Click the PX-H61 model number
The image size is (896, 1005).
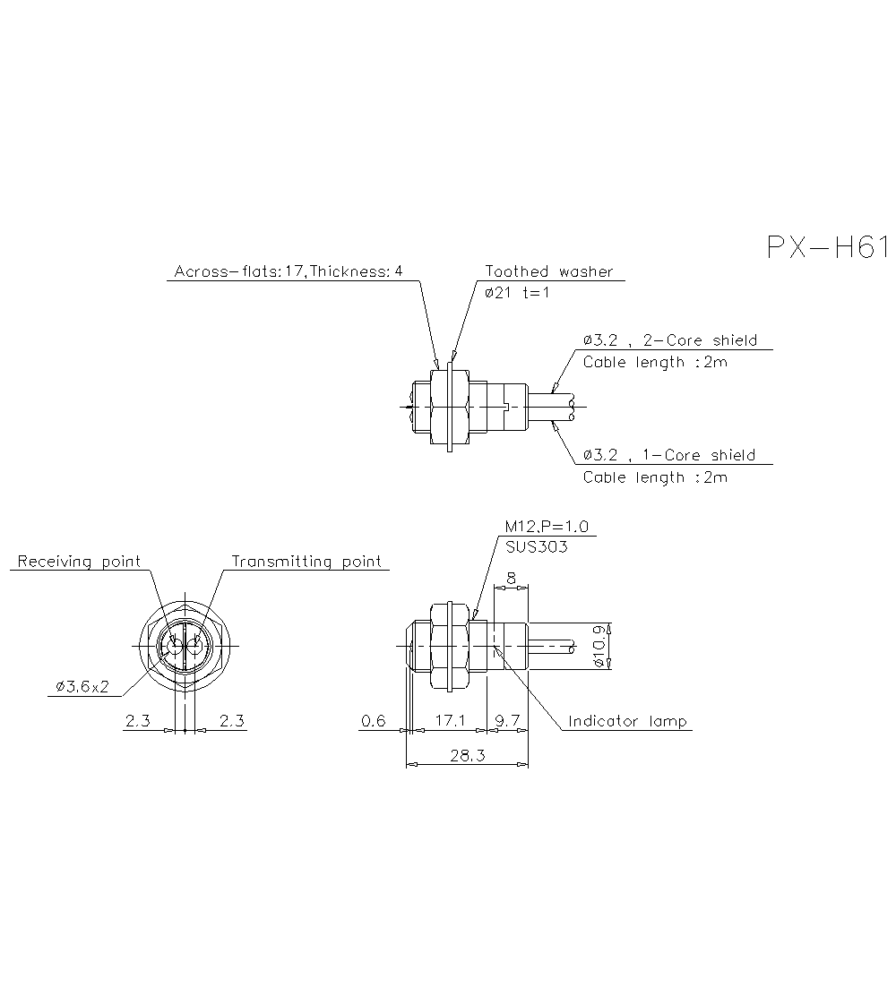[826, 248]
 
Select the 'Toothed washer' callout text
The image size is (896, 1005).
[549, 271]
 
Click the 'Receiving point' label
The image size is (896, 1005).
[79, 562]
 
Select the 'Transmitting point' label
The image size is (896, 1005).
[306, 562]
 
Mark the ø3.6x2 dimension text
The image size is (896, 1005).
[82, 687]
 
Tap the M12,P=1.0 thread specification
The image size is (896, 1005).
[547, 527]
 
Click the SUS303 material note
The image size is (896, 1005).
[537, 547]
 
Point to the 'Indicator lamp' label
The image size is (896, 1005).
[627, 721]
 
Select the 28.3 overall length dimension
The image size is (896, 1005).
[467, 756]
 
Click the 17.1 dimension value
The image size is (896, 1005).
[449, 721]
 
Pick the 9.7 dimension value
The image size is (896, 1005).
[507, 721]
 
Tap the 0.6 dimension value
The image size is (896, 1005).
[373, 721]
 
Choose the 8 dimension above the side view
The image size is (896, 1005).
[511, 580]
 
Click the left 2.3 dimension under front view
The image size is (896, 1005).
[137, 721]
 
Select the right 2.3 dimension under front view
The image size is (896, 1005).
[232, 721]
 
